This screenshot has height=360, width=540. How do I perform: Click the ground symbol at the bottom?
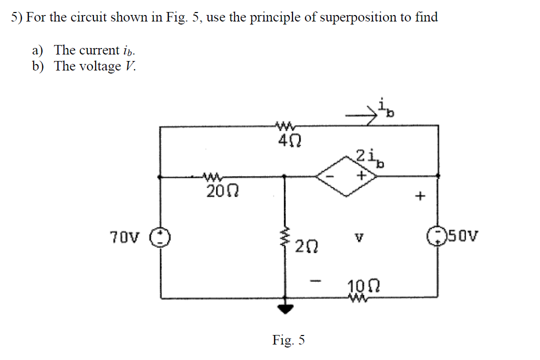[x=285, y=308]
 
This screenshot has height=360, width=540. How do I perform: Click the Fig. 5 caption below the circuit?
[x=288, y=340]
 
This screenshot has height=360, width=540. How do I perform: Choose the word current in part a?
[x=101, y=50]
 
